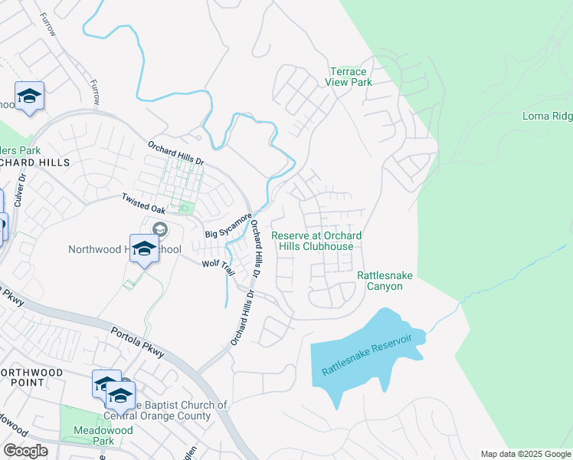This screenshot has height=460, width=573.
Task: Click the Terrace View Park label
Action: tap(345, 77)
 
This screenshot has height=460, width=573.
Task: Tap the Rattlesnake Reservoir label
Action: tap(367, 354)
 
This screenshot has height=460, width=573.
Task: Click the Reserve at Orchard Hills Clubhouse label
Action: tap(317, 241)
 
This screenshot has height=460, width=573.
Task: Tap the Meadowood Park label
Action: tap(83, 435)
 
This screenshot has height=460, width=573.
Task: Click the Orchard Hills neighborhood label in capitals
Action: tap(34, 163)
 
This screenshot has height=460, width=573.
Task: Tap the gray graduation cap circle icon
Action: tap(160, 228)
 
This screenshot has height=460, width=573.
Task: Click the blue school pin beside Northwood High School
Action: tap(143, 248)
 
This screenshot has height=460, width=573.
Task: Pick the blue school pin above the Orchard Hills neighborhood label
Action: tap(29, 97)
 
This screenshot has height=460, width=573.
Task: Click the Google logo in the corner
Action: tap(25, 451)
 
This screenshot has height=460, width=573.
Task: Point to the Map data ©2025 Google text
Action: tap(525, 454)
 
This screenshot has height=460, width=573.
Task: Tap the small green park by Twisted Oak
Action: tap(183, 207)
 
